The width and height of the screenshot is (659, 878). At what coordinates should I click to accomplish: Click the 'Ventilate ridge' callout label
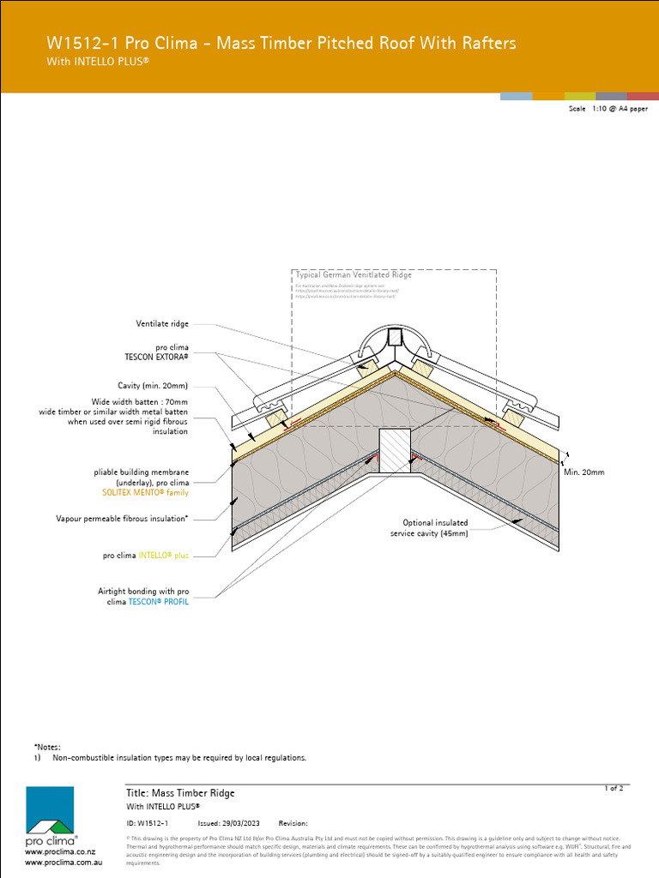(162, 324)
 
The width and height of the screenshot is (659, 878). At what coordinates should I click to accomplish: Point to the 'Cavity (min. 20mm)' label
(153, 386)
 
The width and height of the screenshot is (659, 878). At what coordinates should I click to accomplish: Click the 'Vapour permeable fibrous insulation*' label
(122, 519)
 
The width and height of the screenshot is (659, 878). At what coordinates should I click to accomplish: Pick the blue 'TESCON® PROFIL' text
(159, 603)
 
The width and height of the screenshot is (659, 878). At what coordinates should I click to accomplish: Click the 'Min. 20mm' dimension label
(584, 472)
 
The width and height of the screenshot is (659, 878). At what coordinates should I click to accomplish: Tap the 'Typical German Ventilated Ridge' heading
(354, 275)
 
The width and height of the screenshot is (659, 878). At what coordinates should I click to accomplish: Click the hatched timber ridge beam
(396, 450)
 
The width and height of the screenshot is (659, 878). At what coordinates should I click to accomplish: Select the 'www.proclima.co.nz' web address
(59, 852)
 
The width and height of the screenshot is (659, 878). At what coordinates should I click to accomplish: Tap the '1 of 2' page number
(614, 788)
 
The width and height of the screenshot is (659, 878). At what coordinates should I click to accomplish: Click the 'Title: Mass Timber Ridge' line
(180, 793)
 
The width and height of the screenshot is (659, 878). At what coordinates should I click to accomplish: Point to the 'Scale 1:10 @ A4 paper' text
(608, 110)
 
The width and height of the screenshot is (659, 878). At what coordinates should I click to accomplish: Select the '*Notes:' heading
(47, 748)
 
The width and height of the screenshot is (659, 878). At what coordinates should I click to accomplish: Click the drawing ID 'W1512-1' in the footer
(154, 823)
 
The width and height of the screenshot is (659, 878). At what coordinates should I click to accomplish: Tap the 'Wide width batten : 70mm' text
(140, 401)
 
